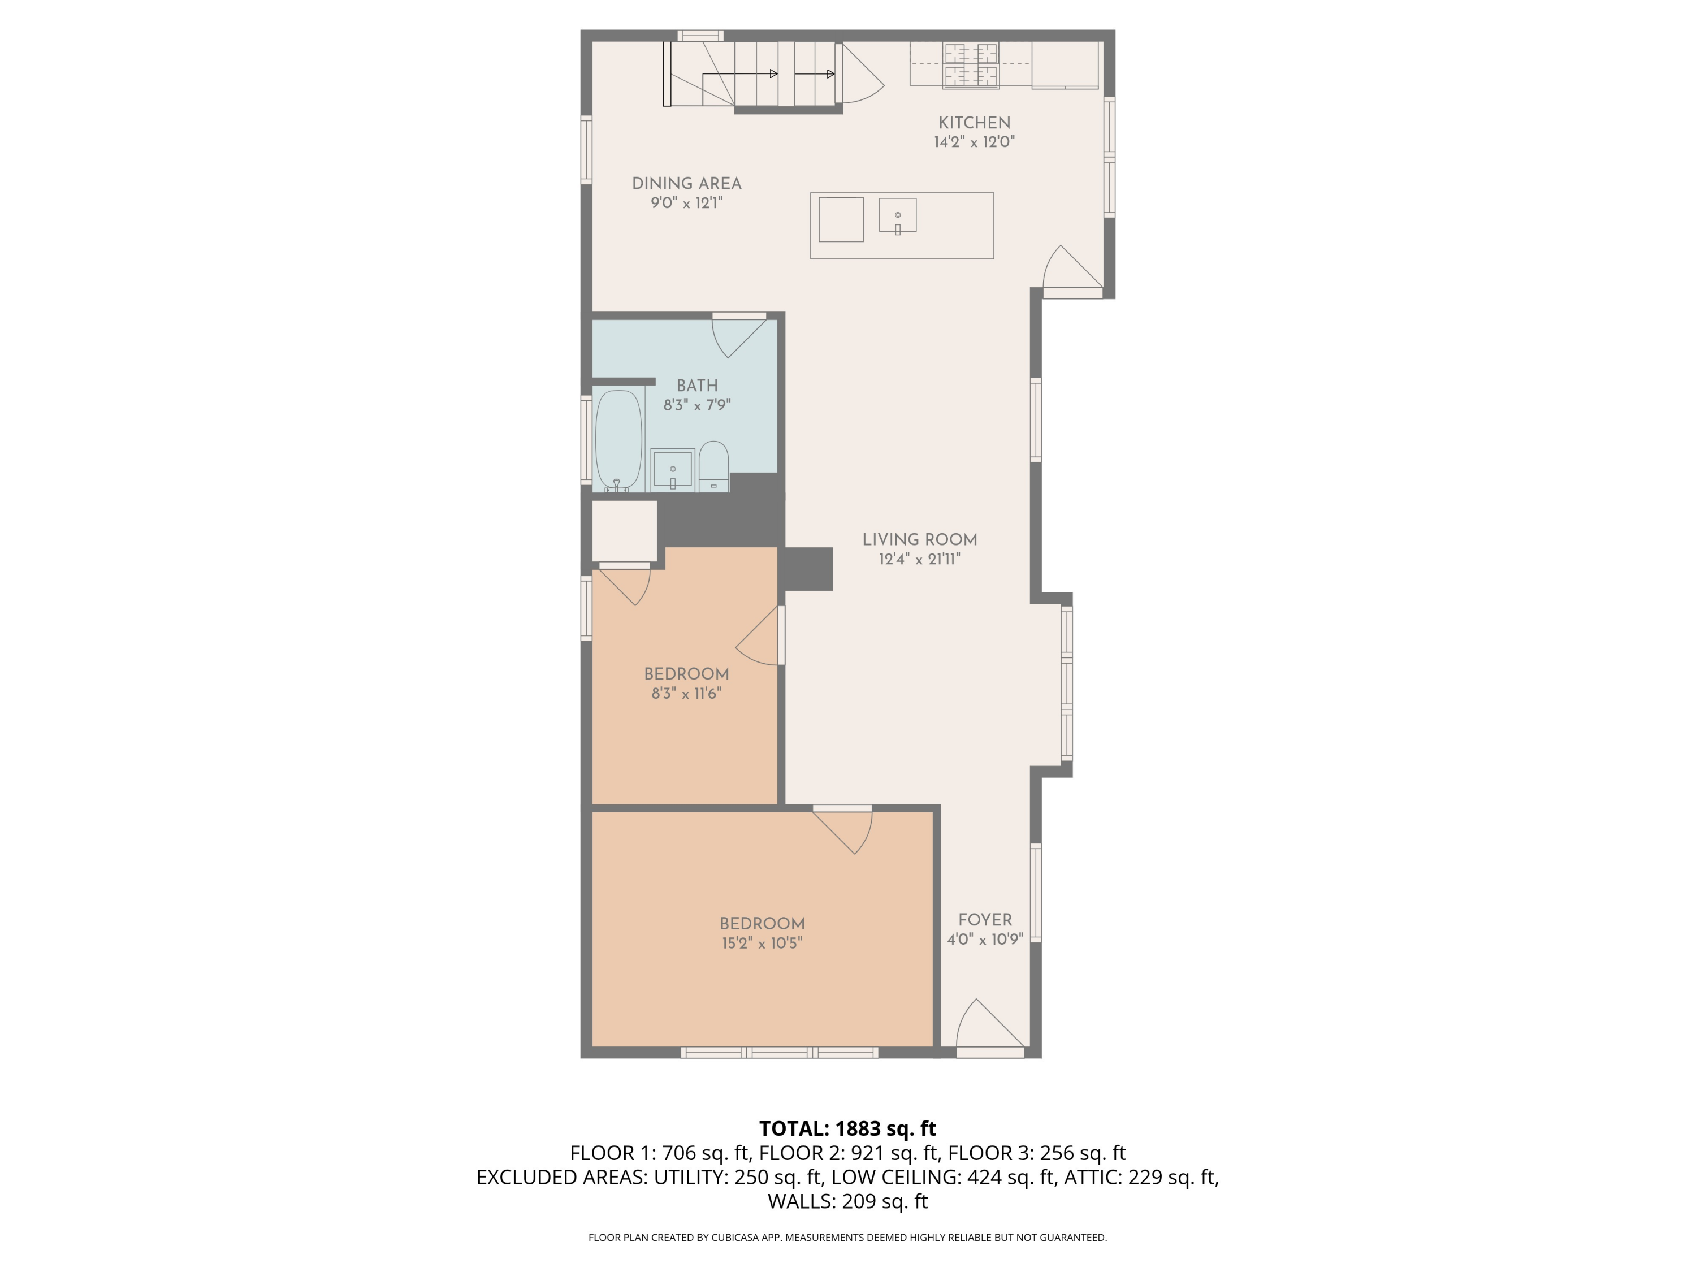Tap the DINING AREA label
pyautogui.click(x=686, y=184)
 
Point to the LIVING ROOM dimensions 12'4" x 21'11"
pyautogui.click(x=919, y=560)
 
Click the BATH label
pyautogui.click(x=697, y=386)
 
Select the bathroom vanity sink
pyautogui.click(x=672, y=469)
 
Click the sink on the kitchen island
pyautogui.click(x=897, y=215)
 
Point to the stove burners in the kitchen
pyautogui.click(x=971, y=64)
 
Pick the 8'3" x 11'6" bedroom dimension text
pyautogui.click(x=686, y=694)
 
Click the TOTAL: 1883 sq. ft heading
pyautogui.click(x=847, y=1128)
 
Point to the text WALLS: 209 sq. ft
pyautogui.click(x=847, y=1201)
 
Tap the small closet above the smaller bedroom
pyautogui.click(x=624, y=531)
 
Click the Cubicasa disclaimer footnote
pyautogui.click(x=847, y=1238)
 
